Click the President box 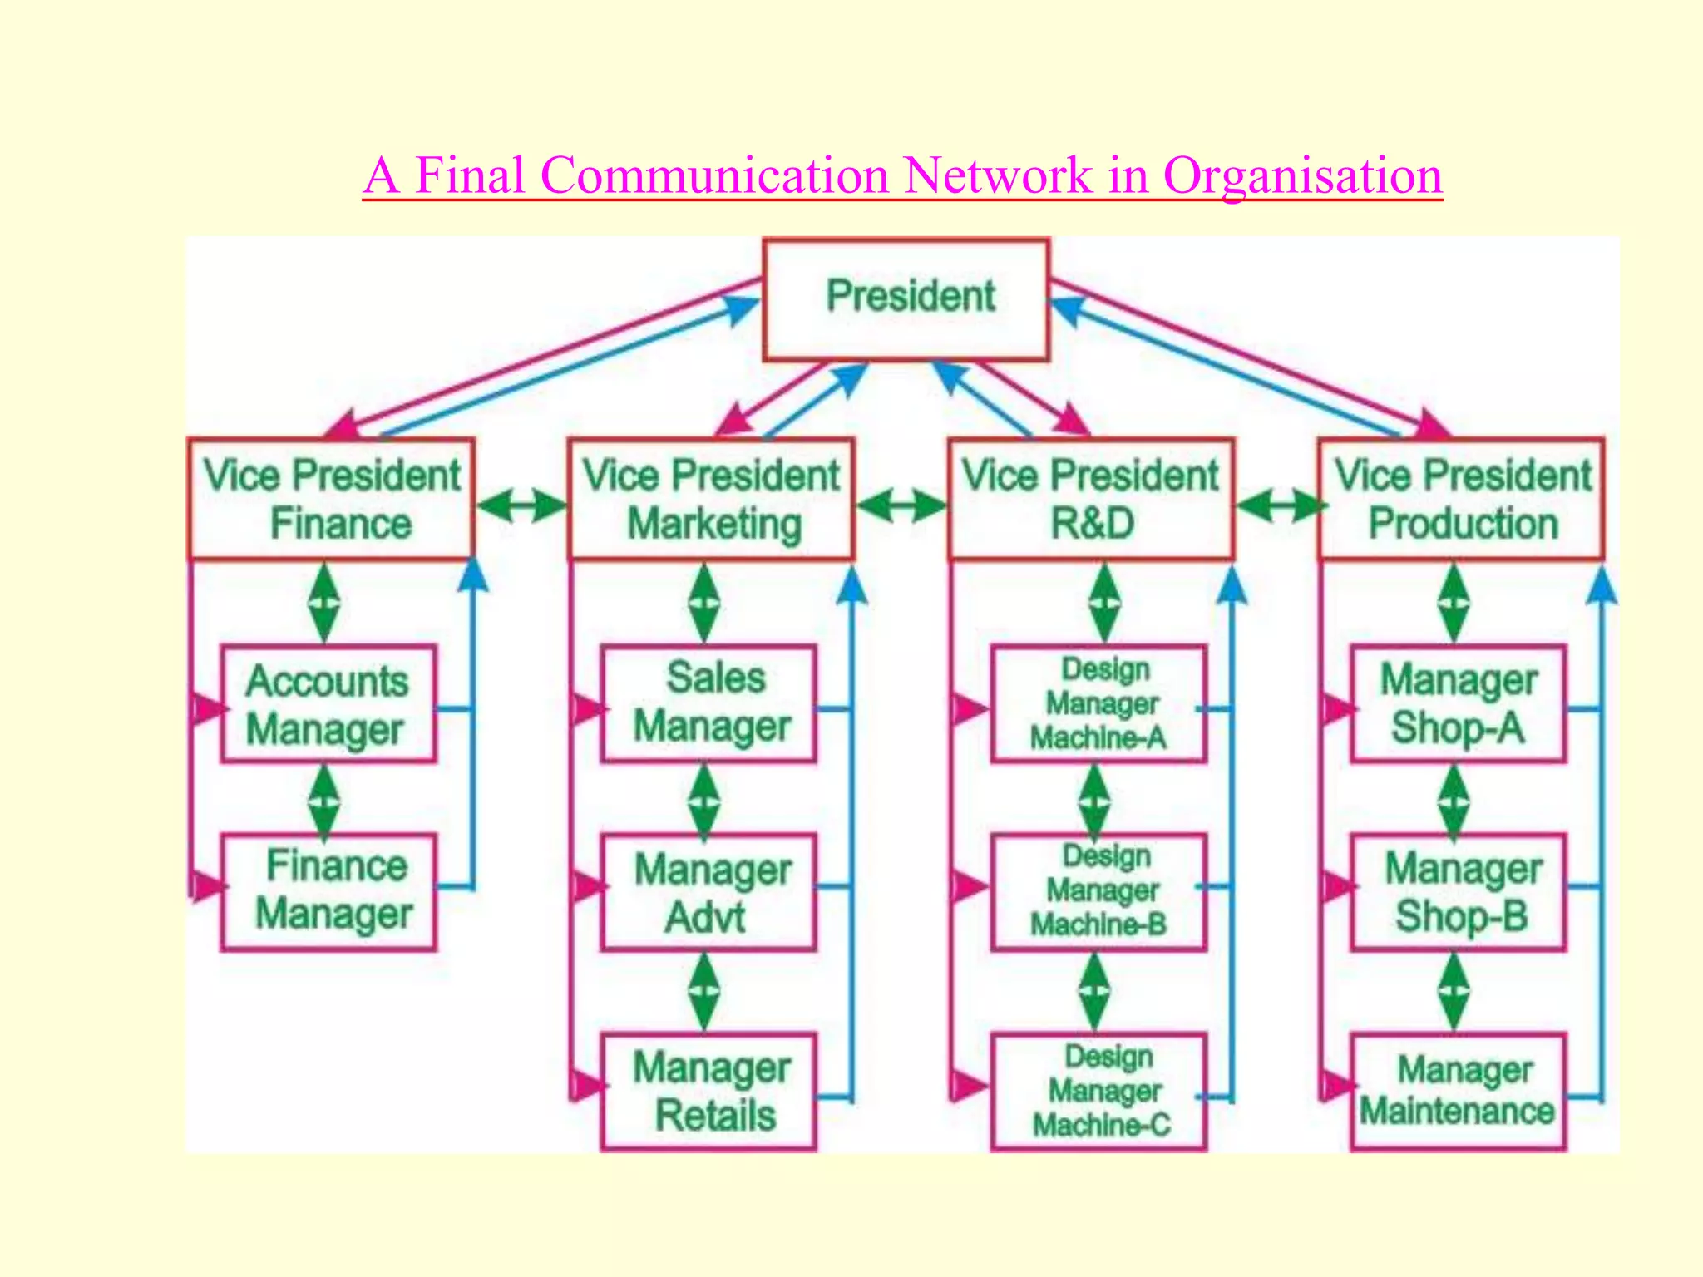pyautogui.click(x=906, y=299)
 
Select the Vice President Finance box pyautogui.click(x=331, y=499)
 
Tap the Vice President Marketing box pyautogui.click(x=711, y=499)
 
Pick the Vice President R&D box pyautogui.click(x=1091, y=499)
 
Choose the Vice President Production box pyautogui.click(x=1461, y=499)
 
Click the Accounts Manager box pyautogui.click(x=328, y=704)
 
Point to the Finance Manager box pyautogui.click(x=328, y=891)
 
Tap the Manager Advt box pyautogui.click(x=708, y=891)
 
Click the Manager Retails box pyautogui.click(x=708, y=1092)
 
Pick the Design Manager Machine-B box pyautogui.click(x=1098, y=891)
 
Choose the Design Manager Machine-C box pyautogui.click(x=1098, y=1092)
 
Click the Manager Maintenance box pyautogui.click(x=1458, y=1092)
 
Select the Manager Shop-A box pyautogui.click(x=1458, y=704)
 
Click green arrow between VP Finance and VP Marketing pyautogui.click(x=521, y=505)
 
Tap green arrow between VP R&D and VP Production pyautogui.click(x=1277, y=505)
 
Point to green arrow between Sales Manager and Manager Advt pyautogui.click(x=704, y=800)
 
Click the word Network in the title pyautogui.click(x=998, y=175)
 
